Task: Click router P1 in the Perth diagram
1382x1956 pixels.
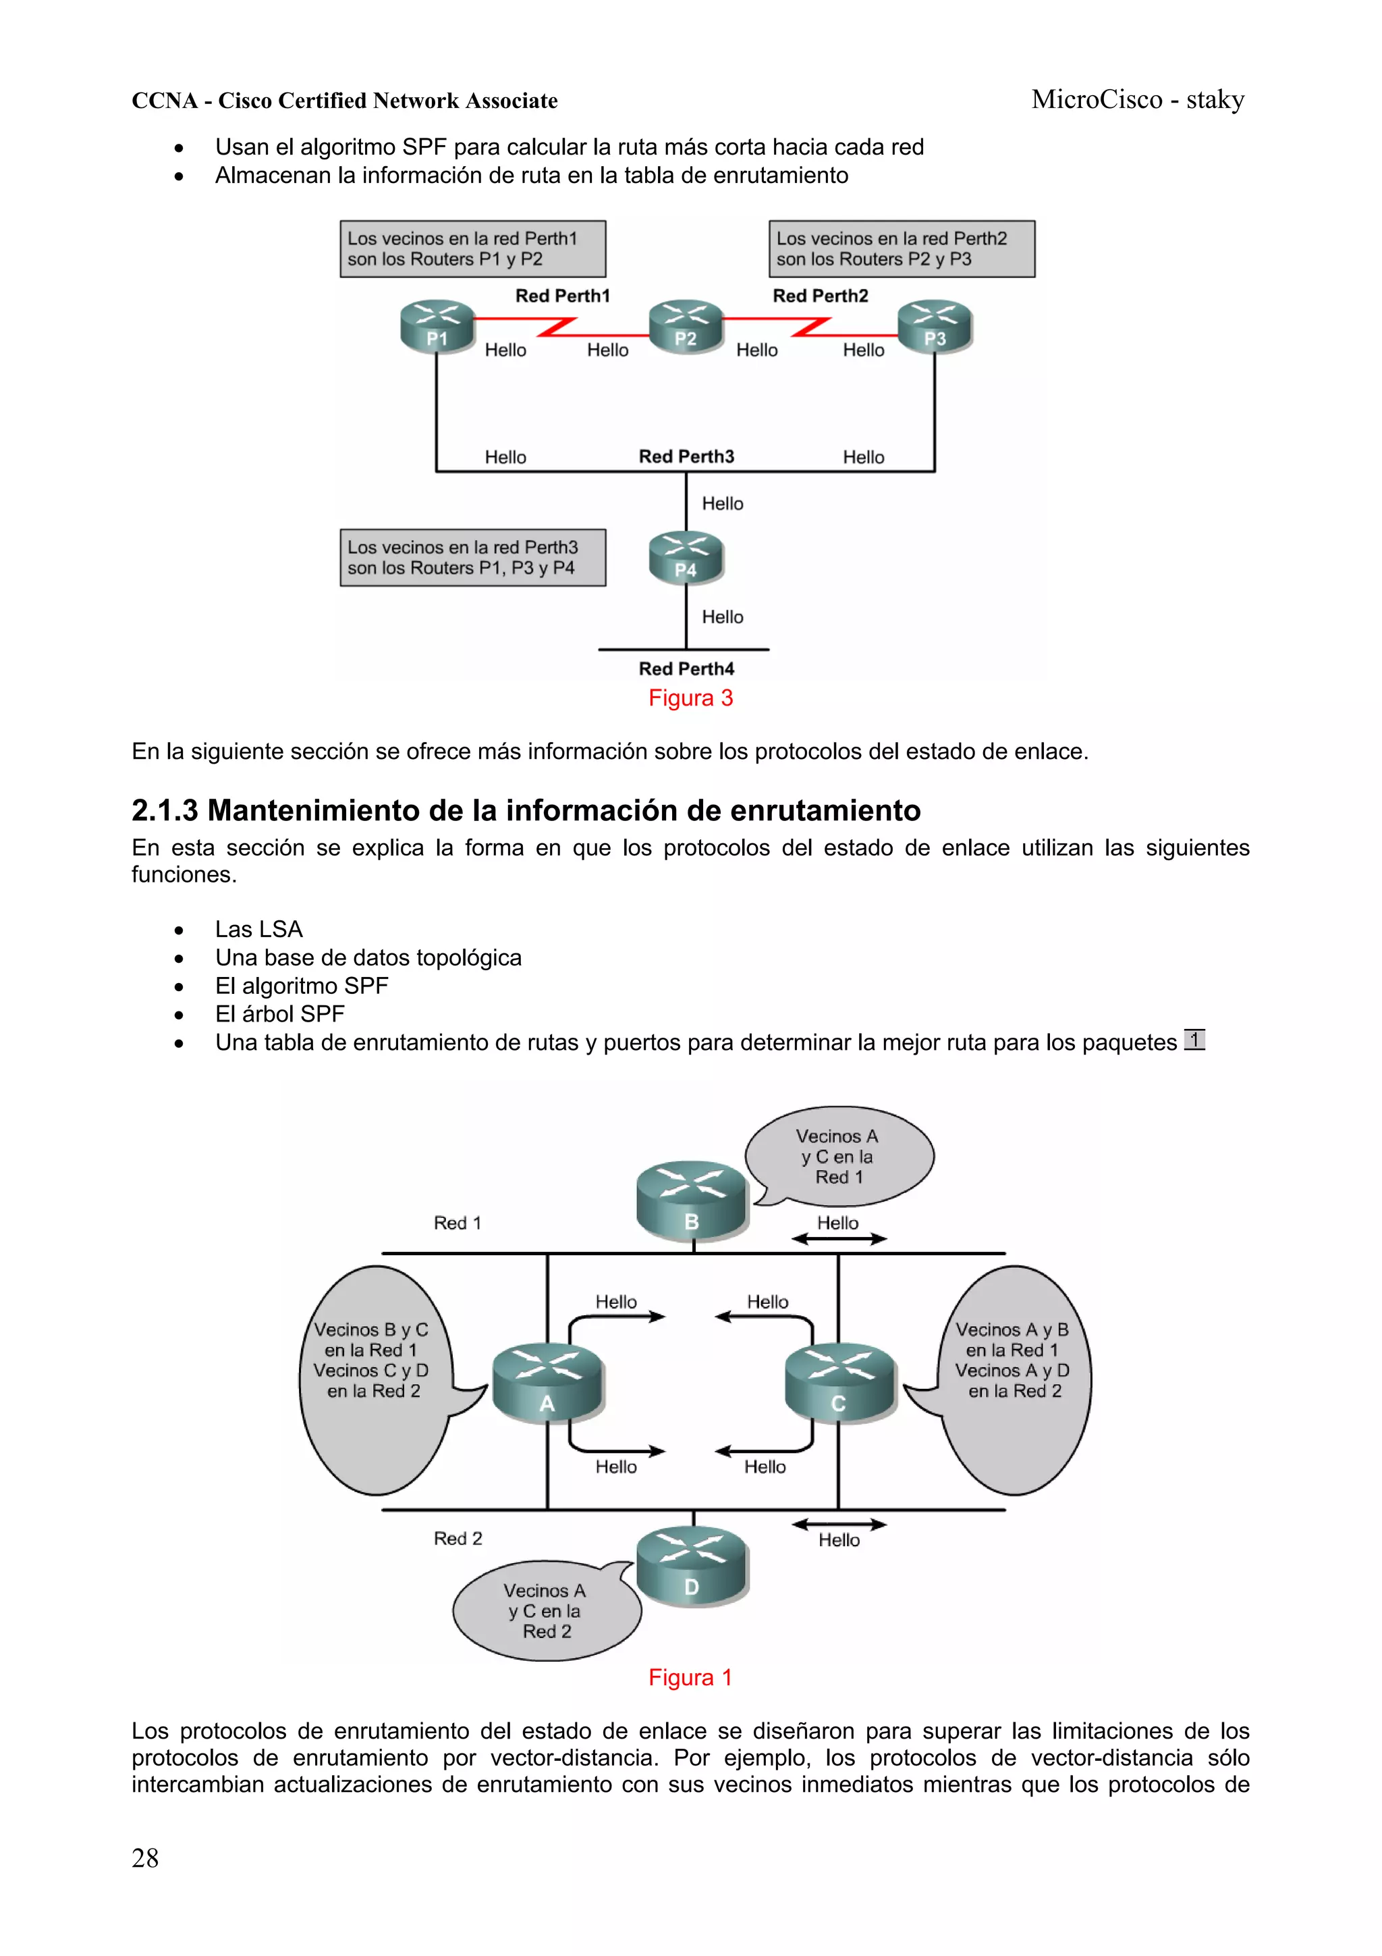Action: pyautogui.click(x=437, y=325)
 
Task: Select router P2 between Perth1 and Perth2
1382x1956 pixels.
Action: pyautogui.click(x=686, y=325)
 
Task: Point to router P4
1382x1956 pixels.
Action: pyautogui.click(x=686, y=557)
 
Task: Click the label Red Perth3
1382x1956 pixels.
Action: pyautogui.click(x=686, y=456)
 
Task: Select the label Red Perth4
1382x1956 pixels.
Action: pyautogui.click(x=686, y=668)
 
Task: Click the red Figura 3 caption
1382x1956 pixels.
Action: pyautogui.click(x=690, y=699)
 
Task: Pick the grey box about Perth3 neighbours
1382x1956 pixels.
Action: pyautogui.click(x=472, y=558)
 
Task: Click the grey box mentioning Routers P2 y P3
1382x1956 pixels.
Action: pyautogui.click(x=901, y=248)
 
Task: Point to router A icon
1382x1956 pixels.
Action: pyautogui.click(x=547, y=1382)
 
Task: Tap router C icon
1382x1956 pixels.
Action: pyautogui.click(x=839, y=1382)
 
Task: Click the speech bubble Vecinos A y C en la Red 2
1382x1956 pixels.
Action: pyautogui.click(x=546, y=1610)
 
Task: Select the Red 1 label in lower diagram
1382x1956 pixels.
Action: pyautogui.click(x=458, y=1223)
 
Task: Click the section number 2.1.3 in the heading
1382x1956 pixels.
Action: pyautogui.click(x=165, y=810)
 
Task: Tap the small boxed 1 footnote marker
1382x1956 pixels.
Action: pyautogui.click(x=1194, y=1040)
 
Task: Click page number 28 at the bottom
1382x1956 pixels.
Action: pyautogui.click(x=145, y=1858)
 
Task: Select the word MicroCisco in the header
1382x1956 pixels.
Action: pyautogui.click(x=1096, y=100)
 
